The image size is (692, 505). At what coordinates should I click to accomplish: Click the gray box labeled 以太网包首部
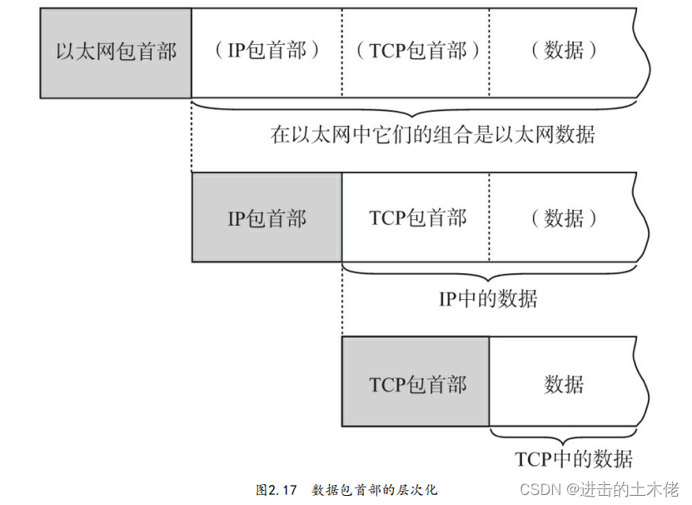pos(116,52)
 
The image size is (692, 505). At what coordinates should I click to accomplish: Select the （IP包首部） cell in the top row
pos(266,52)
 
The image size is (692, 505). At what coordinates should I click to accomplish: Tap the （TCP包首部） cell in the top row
pos(416,52)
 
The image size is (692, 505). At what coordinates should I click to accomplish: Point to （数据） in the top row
pos(564,52)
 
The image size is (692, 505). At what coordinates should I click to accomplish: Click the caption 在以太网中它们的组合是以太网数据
pos(433,135)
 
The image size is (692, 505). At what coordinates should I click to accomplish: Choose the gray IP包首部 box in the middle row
pos(266,218)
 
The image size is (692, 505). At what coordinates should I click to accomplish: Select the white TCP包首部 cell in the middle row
pos(416,218)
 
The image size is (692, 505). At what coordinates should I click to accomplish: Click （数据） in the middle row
pos(564,218)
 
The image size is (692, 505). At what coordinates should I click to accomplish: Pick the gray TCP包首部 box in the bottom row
pos(416,383)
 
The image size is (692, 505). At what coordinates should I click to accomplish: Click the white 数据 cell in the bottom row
pos(564,383)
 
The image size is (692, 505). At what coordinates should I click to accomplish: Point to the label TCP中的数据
pos(574,459)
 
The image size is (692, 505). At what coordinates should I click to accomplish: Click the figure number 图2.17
pos(276,490)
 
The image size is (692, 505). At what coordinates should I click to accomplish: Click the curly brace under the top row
pos(414,110)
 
